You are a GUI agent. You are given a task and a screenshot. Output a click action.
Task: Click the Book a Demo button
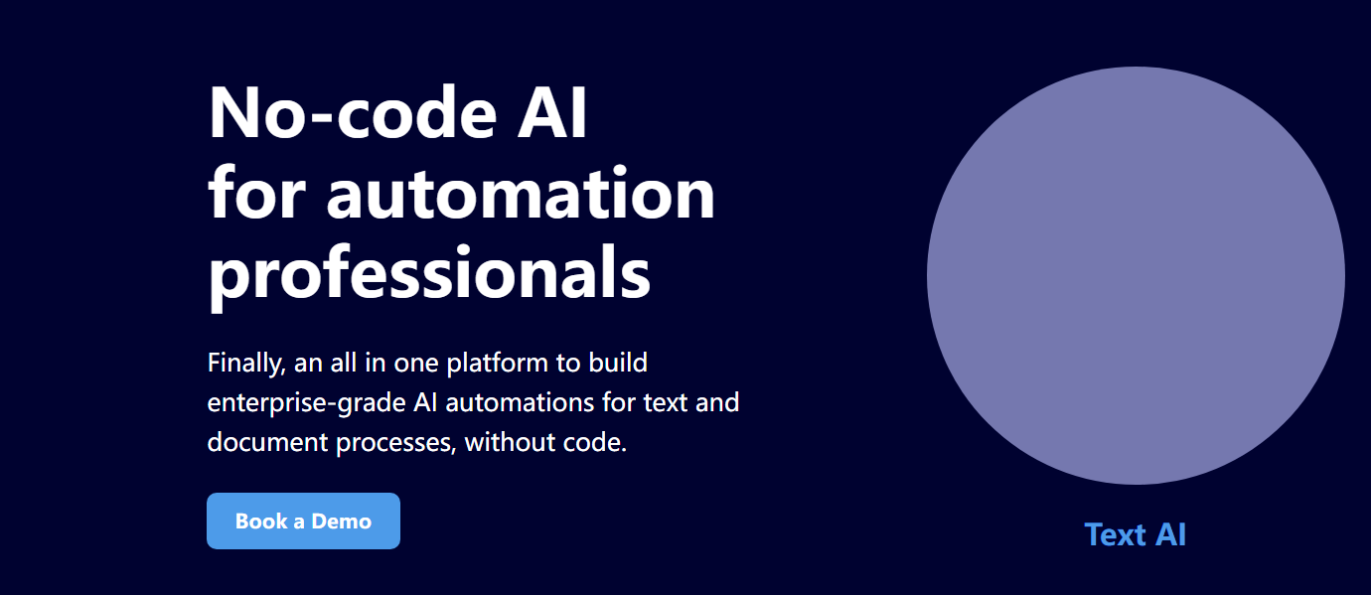click(304, 521)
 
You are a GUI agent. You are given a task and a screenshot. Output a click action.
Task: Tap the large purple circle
click(1136, 275)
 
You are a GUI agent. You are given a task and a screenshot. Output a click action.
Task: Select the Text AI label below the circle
click(1136, 534)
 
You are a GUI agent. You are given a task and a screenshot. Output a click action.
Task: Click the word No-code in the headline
click(353, 113)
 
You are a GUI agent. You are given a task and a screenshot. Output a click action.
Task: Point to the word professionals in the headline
click(429, 272)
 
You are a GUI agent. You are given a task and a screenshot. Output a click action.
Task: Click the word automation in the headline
click(521, 193)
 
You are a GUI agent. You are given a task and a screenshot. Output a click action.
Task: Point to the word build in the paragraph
click(618, 363)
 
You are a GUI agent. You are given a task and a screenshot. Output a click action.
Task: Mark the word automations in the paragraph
click(520, 402)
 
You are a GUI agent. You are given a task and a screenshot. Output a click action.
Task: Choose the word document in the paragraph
click(267, 442)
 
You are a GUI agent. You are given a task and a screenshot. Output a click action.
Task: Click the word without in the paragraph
click(510, 442)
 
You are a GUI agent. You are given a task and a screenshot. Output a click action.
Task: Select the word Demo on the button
click(342, 521)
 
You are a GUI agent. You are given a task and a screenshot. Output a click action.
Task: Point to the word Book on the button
click(261, 521)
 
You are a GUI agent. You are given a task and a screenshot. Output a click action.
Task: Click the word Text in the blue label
click(1115, 534)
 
